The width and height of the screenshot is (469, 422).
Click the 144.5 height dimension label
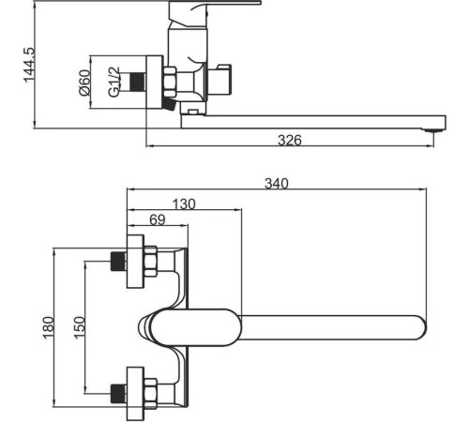coord(29,65)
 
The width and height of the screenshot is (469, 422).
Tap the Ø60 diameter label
coord(84,83)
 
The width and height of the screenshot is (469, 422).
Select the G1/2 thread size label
coord(114,82)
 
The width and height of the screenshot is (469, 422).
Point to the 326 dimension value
coord(290,141)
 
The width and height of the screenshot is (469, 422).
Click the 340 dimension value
coord(277,184)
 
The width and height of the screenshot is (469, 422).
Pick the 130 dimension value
coord(184,204)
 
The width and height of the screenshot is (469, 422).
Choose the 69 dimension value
coord(158,219)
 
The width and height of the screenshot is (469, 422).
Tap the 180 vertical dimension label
coord(49,327)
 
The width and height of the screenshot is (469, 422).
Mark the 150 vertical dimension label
coord(79,327)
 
